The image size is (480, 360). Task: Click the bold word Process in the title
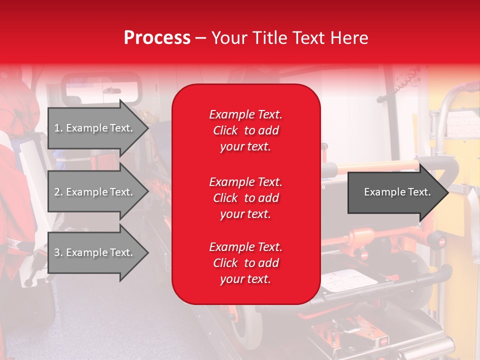pyautogui.click(x=157, y=38)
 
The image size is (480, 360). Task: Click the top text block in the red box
pyautogui.click(x=245, y=130)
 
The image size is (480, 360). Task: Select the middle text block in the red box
pyautogui.click(x=245, y=198)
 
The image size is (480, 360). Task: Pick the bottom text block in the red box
pyautogui.click(x=245, y=263)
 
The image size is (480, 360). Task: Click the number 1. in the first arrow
pyautogui.click(x=58, y=128)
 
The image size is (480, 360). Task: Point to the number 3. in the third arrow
pyautogui.click(x=58, y=252)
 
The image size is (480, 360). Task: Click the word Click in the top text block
pyautogui.click(x=225, y=130)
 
